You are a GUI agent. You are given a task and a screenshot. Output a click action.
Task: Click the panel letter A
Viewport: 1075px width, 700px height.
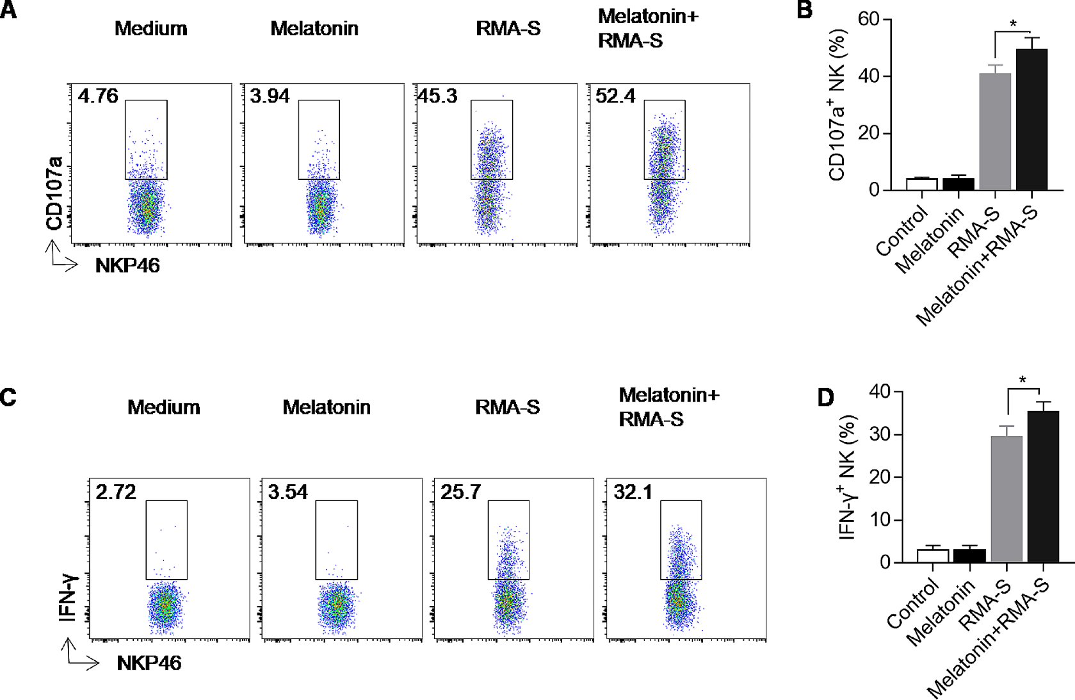coord(9,10)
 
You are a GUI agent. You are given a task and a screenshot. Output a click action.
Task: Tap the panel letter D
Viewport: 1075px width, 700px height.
coord(826,398)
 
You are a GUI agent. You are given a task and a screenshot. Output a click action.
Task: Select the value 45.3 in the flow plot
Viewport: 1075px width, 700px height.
coord(438,97)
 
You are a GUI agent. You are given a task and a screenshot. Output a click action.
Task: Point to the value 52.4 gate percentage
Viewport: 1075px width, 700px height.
coord(615,97)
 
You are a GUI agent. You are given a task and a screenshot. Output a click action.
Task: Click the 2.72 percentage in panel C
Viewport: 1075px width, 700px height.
coord(116,492)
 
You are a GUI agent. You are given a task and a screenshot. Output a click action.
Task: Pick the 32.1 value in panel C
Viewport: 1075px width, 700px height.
coord(633,492)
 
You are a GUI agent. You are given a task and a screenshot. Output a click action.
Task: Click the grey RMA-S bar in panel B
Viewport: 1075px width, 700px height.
coord(995,131)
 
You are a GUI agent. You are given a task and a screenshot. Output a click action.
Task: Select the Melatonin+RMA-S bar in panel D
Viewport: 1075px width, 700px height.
coord(1043,487)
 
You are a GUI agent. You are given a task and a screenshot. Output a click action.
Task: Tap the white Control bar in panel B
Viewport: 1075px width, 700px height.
coord(921,184)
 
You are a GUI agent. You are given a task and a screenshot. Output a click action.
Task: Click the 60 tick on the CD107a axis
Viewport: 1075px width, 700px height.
coord(869,19)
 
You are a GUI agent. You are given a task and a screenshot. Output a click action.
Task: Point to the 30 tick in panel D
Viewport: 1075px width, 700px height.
coord(880,434)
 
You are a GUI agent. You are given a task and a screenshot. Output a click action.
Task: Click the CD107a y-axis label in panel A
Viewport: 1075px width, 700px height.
coord(55,192)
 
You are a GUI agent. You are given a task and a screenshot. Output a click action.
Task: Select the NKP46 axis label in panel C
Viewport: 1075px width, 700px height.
coord(149,663)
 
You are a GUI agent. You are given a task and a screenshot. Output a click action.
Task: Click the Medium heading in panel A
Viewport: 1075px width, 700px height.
coord(151,29)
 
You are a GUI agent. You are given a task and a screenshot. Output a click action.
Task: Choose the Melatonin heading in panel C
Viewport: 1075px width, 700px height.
coord(327,407)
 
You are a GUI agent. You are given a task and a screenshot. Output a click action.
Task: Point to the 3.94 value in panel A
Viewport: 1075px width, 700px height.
coord(270,97)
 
